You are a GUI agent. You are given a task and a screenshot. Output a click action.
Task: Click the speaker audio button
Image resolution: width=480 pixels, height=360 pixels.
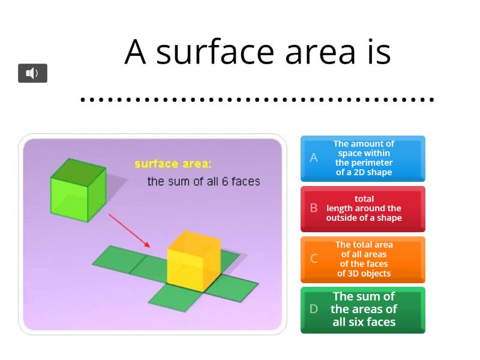coord(32,73)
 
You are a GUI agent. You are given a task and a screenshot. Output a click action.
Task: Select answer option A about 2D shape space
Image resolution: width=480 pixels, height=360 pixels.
coord(363,158)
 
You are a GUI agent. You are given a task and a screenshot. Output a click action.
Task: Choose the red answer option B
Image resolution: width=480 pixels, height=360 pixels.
coord(363,209)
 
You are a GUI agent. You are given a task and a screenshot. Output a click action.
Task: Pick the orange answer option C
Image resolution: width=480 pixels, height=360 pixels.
coord(363,259)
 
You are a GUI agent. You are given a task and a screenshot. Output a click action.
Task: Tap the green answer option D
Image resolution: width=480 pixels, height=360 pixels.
coord(363,310)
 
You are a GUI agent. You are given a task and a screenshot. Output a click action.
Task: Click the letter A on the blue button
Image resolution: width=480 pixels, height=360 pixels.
coord(313,158)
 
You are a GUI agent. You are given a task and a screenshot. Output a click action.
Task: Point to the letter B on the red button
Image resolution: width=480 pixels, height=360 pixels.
coord(313,208)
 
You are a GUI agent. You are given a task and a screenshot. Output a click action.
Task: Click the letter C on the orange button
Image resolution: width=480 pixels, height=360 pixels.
coord(313,259)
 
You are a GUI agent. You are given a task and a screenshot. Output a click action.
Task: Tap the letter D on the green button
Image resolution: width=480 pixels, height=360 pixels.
coord(313,309)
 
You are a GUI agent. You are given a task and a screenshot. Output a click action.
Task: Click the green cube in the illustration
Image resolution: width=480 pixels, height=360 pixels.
coord(77,188)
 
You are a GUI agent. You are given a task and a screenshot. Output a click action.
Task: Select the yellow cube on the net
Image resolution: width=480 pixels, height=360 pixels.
coord(193,260)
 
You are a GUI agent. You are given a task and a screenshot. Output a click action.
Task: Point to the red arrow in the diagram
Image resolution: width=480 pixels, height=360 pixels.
coord(129,230)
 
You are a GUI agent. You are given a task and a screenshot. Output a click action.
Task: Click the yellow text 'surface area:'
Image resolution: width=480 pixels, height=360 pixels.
coord(173,164)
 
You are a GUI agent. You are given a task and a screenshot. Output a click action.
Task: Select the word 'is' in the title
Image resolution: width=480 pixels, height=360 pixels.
coord(376,52)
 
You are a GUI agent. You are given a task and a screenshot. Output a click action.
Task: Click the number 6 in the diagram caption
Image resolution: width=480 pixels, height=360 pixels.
coord(225,181)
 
